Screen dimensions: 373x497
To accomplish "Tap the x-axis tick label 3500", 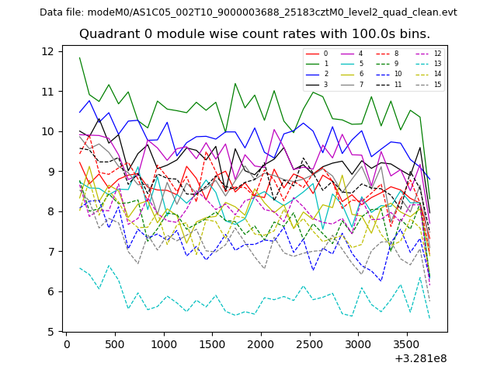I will pyautogui.click(x=407, y=344).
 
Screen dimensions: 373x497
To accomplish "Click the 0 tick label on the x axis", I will pyautogui.click(x=67, y=344).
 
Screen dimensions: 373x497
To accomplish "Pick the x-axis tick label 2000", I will pyautogui.click(x=261, y=344).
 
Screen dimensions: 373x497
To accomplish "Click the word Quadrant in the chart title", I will pyautogui.click(x=109, y=34).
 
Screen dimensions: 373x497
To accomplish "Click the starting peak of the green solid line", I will pyautogui.click(x=80, y=58).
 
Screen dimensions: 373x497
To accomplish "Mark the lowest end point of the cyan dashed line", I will pyautogui.click(x=429, y=317).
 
